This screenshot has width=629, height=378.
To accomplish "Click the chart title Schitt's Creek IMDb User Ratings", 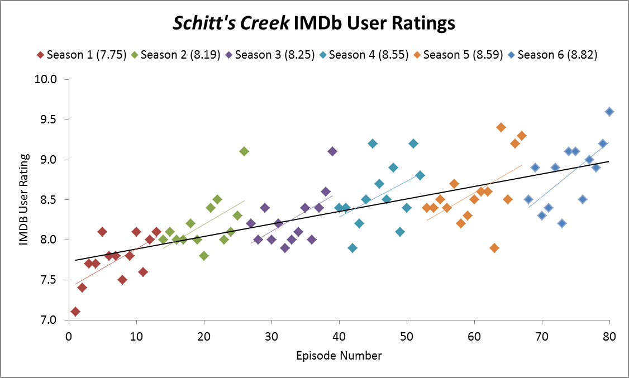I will coord(314,23).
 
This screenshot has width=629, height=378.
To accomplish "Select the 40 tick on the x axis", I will coord(339,338).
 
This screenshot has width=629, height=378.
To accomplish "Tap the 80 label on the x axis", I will coord(609,338).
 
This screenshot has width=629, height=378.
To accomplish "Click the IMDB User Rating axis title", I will coord(23,199).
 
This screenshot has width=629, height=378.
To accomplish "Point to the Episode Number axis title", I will coord(339,356).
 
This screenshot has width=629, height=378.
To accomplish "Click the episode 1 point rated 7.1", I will coord(75,312).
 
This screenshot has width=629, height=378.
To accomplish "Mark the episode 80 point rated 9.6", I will coord(609,112).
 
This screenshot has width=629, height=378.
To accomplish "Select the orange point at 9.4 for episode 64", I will coord(501,127).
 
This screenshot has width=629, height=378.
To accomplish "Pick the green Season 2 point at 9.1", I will coord(244,151).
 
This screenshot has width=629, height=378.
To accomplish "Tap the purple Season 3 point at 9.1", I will coord(332,151).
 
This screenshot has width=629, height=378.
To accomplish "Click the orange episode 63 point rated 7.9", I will coord(494,248).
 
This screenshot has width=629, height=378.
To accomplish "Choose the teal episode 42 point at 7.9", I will coord(352,248).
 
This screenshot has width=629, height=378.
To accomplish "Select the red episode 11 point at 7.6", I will coord(143,272).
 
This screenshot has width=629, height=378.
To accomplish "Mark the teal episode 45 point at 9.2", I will coord(373,143).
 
